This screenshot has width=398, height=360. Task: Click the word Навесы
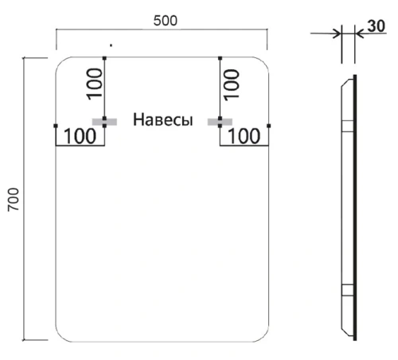coord(163,121)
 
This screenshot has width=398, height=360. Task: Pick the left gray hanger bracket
coord(103,121)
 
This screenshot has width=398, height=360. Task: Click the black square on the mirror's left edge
coord(55,126)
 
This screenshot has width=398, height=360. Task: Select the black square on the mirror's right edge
coord(271,126)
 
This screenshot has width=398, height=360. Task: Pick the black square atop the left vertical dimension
coord(104,57)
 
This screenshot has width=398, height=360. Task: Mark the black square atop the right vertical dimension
coord(220,57)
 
